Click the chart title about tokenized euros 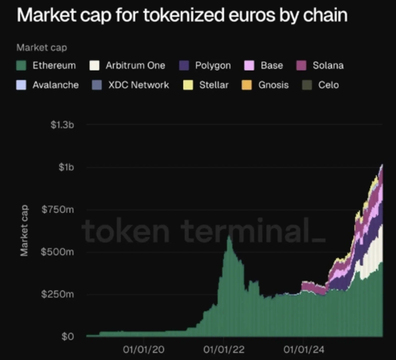point(182,15)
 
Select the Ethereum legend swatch point(21,65)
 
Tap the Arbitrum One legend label point(135,65)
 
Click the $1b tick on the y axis point(66,167)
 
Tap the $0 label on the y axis point(68,337)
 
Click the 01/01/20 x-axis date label point(143,350)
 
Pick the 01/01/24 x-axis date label point(302,350)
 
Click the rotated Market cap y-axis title point(24,230)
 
